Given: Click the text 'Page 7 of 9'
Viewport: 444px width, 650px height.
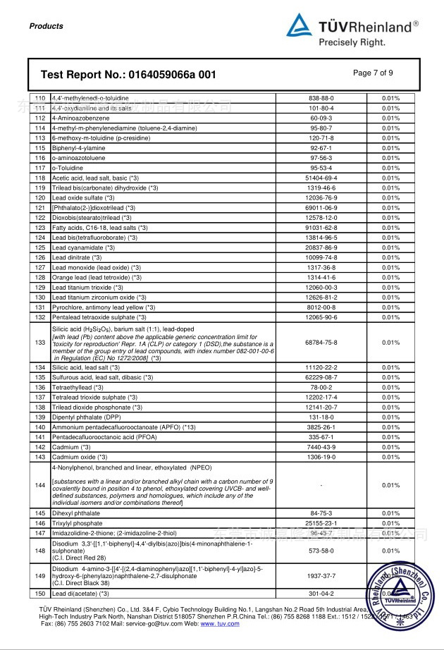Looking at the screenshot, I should (x=373, y=73).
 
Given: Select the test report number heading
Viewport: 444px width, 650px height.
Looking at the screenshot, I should (x=128, y=75).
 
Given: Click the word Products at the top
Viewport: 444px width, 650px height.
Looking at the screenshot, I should (x=47, y=26).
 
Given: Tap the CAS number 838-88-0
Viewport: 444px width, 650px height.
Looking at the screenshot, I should (x=321, y=99).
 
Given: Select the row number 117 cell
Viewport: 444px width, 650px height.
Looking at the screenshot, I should (x=39, y=168).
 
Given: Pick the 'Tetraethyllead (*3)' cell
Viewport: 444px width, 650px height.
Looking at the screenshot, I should (x=78, y=388).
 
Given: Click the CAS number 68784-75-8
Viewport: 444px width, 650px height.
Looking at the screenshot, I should (x=321, y=343).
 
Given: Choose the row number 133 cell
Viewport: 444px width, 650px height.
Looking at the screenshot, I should (x=39, y=343).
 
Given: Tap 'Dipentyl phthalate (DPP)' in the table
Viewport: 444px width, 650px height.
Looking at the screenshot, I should (x=87, y=417).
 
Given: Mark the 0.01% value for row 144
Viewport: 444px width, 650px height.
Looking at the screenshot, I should (x=390, y=486).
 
